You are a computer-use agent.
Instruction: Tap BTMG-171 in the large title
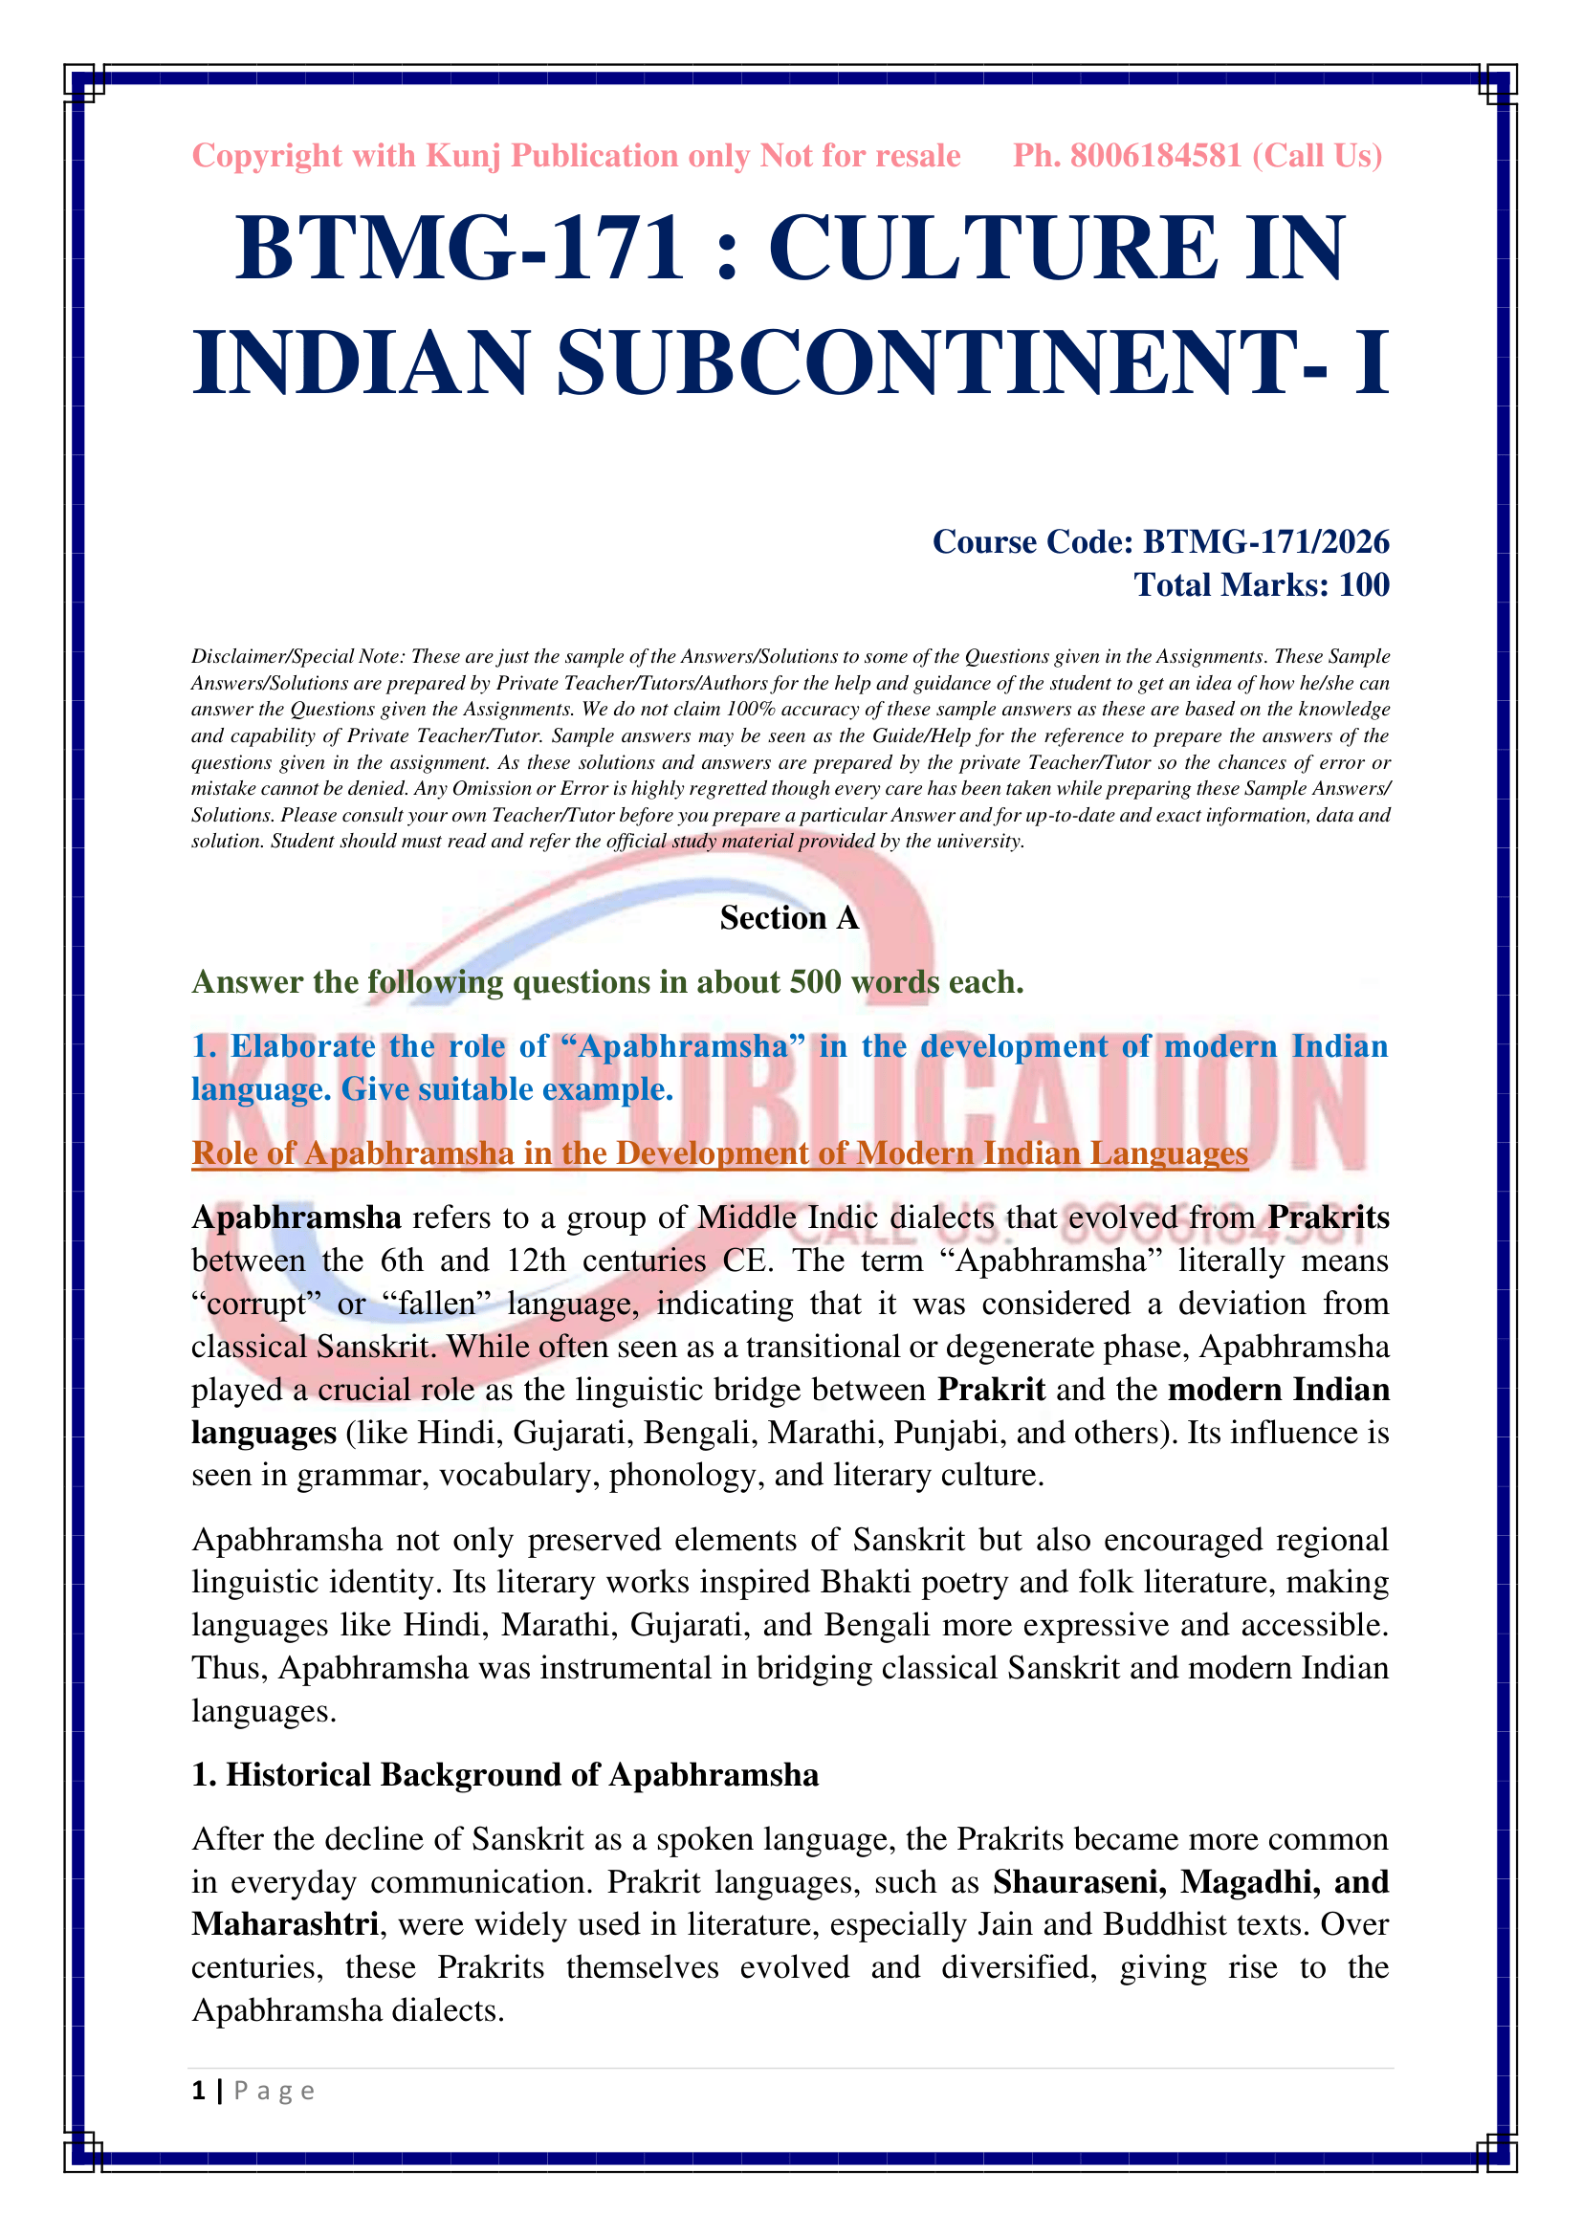click(x=459, y=249)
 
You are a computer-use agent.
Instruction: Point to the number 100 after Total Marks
click(x=1364, y=584)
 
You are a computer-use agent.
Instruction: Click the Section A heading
click(x=789, y=918)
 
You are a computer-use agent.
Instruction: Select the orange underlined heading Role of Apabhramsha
click(x=719, y=1153)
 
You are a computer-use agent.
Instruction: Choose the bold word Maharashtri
click(x=285, y=1924)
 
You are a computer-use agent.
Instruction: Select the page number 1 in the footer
click(x=199, y=2091)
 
